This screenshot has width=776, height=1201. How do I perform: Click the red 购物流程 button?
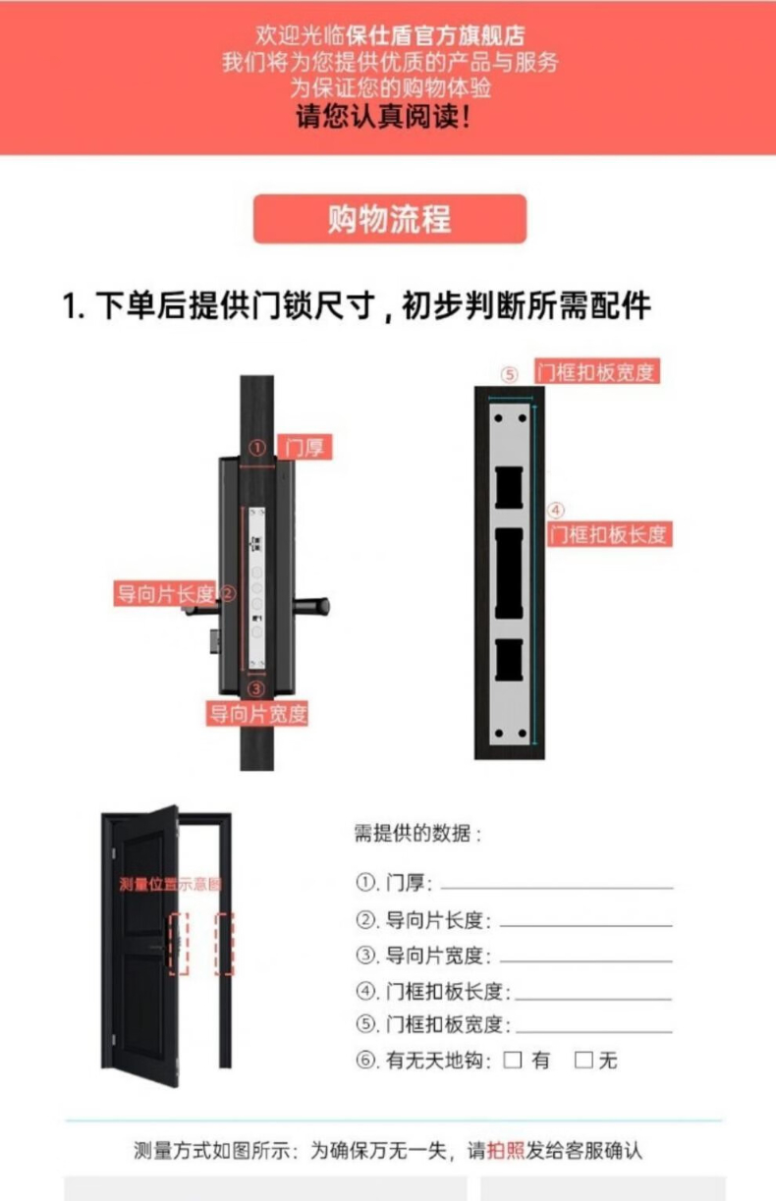pyautogui.click(x=390, y=219)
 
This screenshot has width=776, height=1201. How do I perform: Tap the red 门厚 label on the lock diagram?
pyautogui.click(x=305, y=447)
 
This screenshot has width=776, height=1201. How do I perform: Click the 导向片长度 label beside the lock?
pyautogui.click(x=165, y=593)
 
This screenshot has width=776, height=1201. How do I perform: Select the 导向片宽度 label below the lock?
pyautogui.click(x=257, y=714)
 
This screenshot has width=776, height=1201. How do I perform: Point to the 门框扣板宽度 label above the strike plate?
pyautogui.click(x=597, y=371)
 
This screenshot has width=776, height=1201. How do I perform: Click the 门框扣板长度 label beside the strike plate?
pyautogui.click(x=609, y=534)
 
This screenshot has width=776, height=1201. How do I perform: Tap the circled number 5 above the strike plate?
pyautogui.click(x=509, y=374)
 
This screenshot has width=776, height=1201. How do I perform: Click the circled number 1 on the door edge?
pyautogui.click(x=257, y=448)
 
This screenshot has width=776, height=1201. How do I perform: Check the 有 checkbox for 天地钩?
pyautogui.click(x=512, y=1060)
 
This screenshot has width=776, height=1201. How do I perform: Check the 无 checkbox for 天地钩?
pyautogui.click(x=583, y=1060)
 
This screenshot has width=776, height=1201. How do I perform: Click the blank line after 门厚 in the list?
pyautogui.click(x=557, y=889)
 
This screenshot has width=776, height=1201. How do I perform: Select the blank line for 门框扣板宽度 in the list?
pyautogui.click(x=593, y=1031)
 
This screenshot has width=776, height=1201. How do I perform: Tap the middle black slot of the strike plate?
pyautogui.click(x=509, y=573)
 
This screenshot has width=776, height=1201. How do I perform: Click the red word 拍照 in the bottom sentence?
pyautogui.click(x=505, y=1151)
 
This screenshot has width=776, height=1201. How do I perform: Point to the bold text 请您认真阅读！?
pyautogui.click(x=384, y=116)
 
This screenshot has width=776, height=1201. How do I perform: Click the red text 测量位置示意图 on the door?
pyautogui.click(x=171, y=884)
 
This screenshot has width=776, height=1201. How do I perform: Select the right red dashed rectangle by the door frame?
pyautogui.click(x=224, y=944)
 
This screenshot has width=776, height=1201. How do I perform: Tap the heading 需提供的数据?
pyautogui.click(x=417, y=834)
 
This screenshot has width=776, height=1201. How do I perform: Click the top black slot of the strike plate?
pyautogui.click(x=509, y=487)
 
